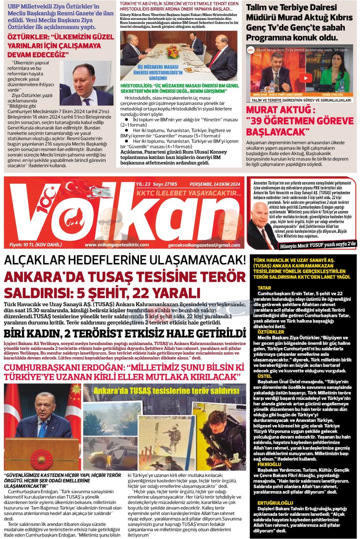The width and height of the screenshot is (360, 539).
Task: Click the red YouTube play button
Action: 306,78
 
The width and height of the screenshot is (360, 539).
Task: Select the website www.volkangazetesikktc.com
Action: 117,245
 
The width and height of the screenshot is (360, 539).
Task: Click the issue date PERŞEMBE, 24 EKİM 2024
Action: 215,184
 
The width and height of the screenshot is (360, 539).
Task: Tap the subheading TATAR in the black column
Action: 264,288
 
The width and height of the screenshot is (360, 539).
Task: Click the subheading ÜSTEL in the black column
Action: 265,376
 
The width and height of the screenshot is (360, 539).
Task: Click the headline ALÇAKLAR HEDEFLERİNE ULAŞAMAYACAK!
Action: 125,261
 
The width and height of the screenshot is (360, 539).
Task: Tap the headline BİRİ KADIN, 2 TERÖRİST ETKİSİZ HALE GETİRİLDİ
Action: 125,334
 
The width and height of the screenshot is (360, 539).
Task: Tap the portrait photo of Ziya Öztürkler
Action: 86,84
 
